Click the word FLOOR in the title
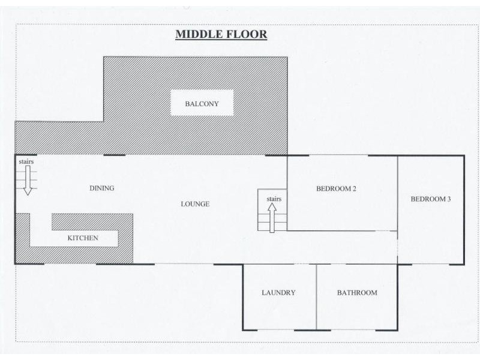[247, 34]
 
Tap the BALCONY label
[202, 104]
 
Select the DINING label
[102, 188]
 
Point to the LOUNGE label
[195, 204]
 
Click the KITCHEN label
[83, 238]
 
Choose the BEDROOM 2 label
[336, 188]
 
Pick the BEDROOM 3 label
[431, 199]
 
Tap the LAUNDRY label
[278, 293]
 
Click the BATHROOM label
[357, 293]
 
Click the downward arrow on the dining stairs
[28, 181]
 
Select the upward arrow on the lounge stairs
[272, 218]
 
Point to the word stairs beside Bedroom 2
[274, 199]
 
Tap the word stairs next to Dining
[26, 161]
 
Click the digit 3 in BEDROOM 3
[449, 199]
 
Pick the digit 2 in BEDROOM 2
[354, 188]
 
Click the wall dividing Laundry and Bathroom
[316, 297]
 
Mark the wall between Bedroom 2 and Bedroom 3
[398, 193]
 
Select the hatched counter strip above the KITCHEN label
[92, 222]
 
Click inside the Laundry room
[279, 309]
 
